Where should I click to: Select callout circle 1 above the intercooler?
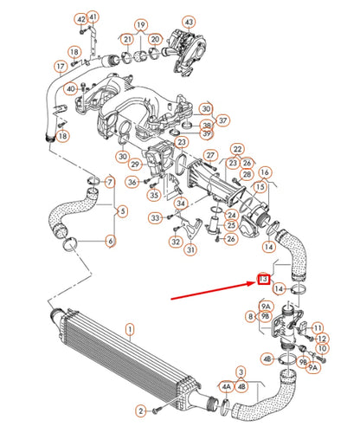point(131,329)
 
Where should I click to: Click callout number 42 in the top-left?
point(80,19)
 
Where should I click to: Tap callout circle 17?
point(60,66)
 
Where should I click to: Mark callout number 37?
point(223,120)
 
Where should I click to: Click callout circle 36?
point(132,182)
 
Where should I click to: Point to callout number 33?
point(154,218)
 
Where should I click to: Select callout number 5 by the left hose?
point(122,210)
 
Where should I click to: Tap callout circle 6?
point(109,241)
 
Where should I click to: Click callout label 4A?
point(227,386)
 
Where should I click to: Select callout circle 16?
point(265,172)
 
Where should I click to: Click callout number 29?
point(136,164)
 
